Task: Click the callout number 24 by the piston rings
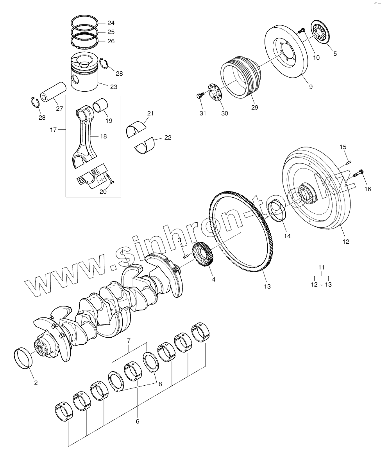(x=111, y=23)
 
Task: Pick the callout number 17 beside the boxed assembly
(x=53, y=129)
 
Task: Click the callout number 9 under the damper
(x=311, y=87)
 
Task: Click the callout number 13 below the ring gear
(x=267, y=287)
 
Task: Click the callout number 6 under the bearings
(x=138, y=421)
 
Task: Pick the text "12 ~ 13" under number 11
(x=321, y=285)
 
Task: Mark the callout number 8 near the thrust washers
(x=160, y=383)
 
